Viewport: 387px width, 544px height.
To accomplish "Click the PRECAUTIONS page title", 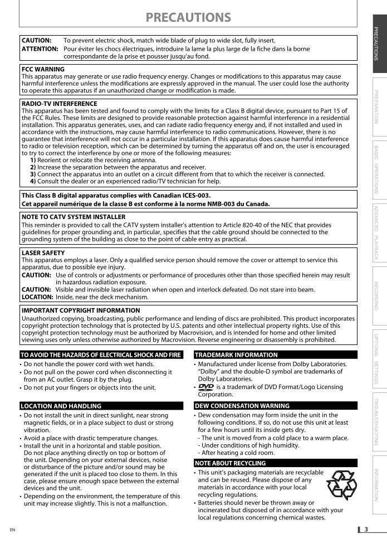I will coord(188,18).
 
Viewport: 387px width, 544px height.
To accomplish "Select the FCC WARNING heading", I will coord(43,70).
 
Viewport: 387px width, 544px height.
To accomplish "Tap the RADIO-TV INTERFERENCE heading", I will coord(59,104).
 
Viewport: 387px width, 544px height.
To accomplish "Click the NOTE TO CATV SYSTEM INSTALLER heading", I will coord(74,217).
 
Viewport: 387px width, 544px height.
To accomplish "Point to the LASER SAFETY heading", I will coord(43,253).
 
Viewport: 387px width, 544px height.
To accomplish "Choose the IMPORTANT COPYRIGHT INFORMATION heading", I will coord(80,310).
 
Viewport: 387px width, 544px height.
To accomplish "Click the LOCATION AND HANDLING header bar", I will coord(101,406).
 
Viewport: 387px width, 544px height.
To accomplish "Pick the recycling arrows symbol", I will coord(341,485).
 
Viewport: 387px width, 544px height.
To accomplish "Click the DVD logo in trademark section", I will coord(205,387).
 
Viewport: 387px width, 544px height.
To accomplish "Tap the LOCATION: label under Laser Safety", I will coord(37,297).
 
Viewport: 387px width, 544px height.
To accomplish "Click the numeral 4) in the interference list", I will coord(33,181).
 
